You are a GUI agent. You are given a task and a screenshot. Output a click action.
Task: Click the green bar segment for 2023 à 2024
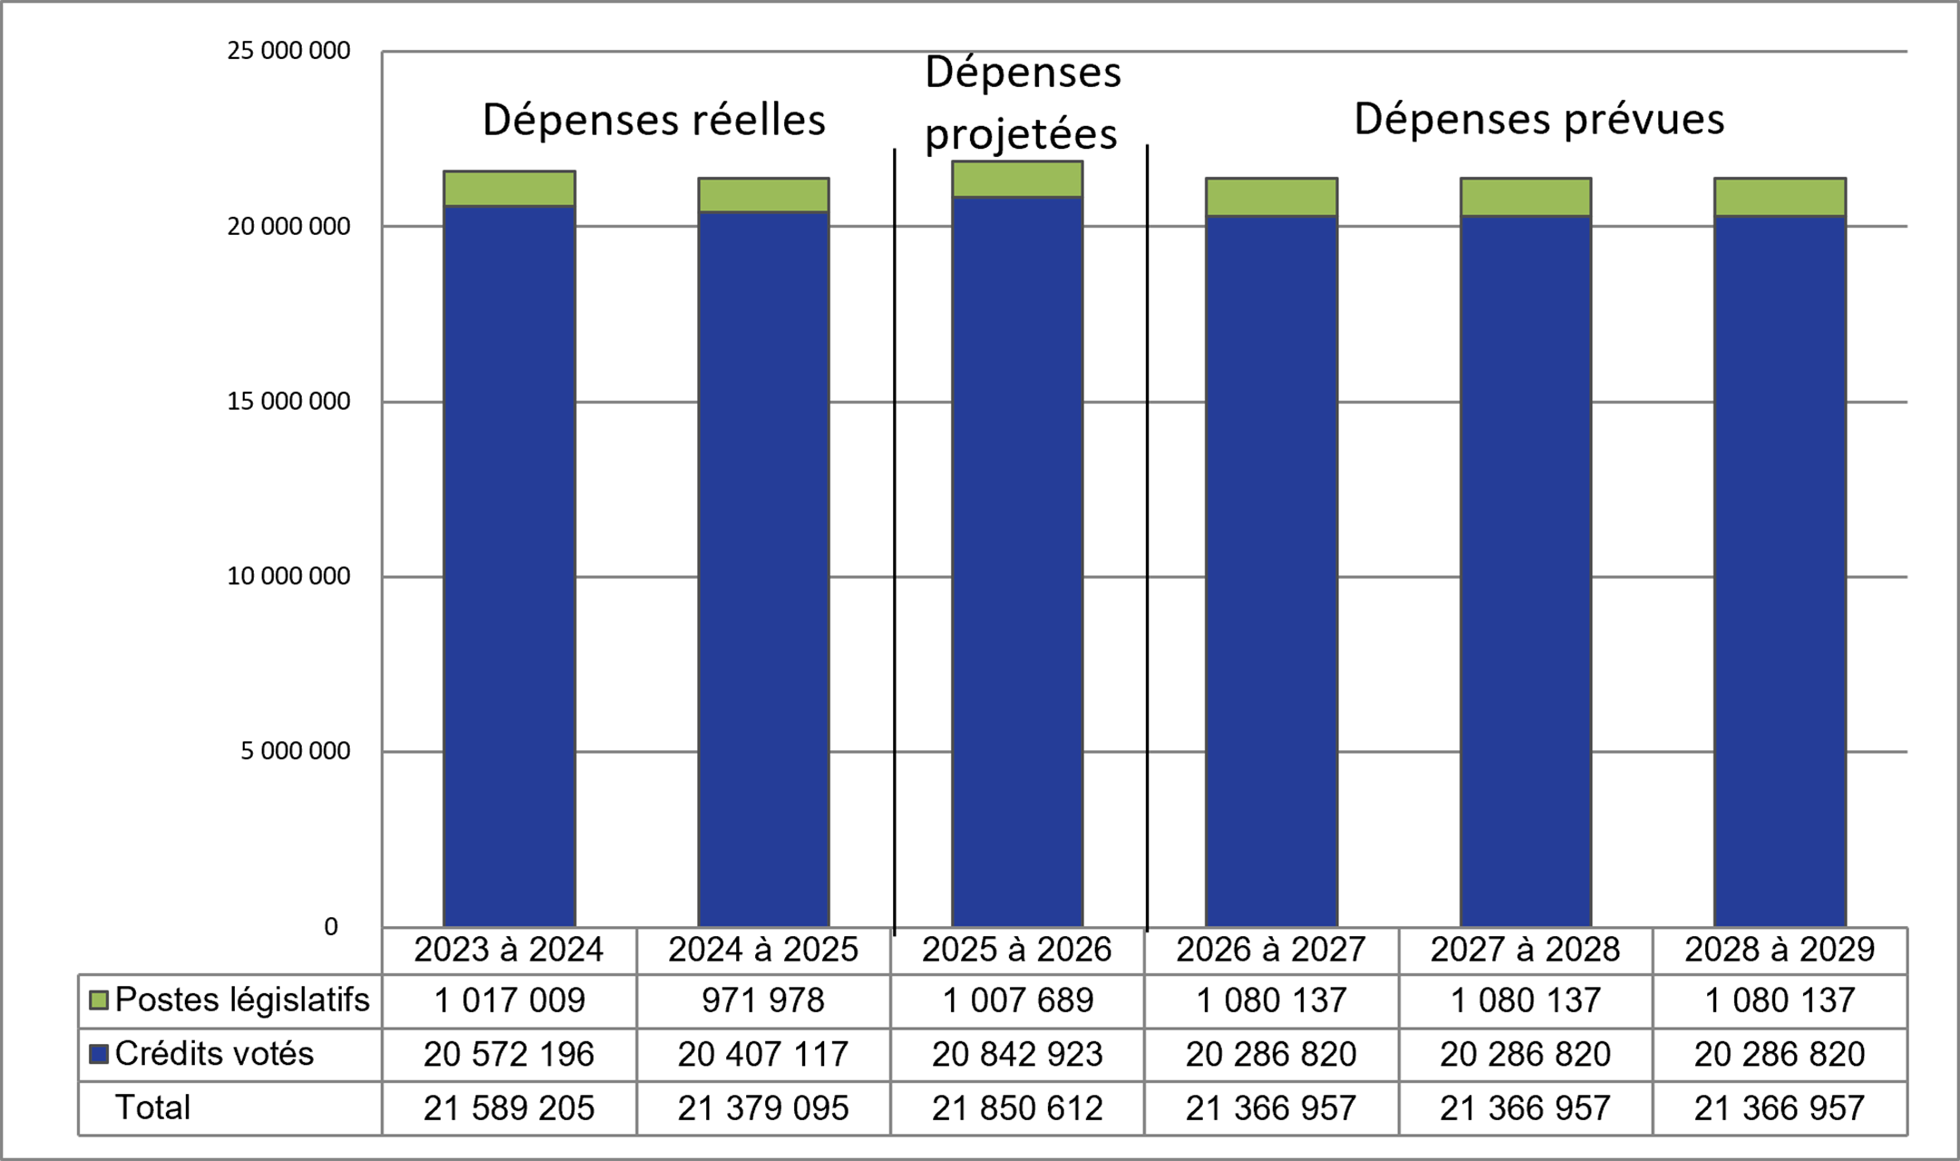(509, 189)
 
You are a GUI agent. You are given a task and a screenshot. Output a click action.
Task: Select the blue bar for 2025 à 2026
(1017, 562)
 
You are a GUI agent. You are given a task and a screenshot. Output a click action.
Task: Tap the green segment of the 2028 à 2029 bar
(1780, 197)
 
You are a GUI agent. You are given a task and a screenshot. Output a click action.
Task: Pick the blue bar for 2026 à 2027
(1271, 571)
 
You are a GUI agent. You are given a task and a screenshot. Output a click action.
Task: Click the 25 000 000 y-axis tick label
(288, 51)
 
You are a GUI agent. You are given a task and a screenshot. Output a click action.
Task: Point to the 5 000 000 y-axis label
(295, 751)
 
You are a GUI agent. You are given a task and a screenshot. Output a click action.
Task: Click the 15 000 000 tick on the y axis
(288, 401)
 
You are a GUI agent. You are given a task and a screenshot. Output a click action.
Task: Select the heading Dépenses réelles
(654, 120)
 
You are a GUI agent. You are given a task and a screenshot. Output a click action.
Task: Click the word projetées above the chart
(1021, 134)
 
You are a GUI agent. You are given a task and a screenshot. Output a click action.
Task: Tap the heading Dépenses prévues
(1538, 119)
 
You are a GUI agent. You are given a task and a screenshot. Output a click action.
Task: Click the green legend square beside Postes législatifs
(99, 1000)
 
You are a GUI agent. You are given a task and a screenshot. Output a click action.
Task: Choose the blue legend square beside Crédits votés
(99, 1054)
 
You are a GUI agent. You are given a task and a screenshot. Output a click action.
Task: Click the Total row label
(152, 1107)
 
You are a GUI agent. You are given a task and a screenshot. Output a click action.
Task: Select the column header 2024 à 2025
(763, 950)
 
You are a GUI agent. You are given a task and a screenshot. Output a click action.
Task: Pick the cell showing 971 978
(763, 1000)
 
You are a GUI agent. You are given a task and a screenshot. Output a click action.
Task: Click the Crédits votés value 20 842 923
(1017, 1054)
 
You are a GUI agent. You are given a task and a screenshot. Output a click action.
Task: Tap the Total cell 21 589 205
(509, 1107)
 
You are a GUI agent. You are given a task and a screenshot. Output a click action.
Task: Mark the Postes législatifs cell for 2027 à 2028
(1526, 1000)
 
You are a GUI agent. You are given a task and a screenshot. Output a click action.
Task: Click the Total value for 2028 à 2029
(1780, 1107)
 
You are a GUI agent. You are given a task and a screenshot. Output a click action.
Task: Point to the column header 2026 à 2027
(1271, 950)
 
